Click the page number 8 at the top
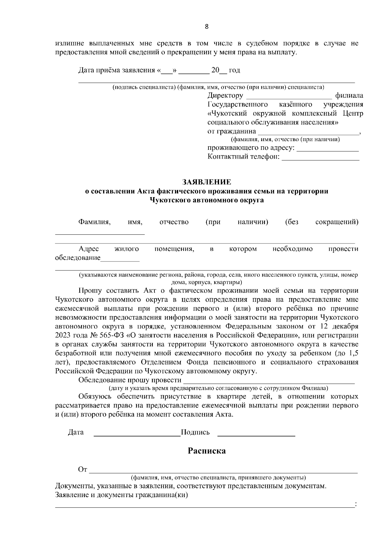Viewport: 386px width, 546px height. pos(207,27)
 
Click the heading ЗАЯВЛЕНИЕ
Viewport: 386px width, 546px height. pos(207,182)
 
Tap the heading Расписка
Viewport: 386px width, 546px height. pos(207,451)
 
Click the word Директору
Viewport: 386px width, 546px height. pos(225,96)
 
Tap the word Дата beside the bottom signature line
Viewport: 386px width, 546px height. pos(76,432)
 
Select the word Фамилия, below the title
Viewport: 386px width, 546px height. pos(95,222)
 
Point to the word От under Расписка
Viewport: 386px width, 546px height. pos(83,469)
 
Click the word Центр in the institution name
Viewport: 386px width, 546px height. pos(353,114)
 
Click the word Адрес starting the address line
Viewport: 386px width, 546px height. pos(89,249)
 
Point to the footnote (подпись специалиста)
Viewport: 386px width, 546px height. pos(144,87)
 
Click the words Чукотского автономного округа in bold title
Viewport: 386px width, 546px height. pos(207,200)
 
